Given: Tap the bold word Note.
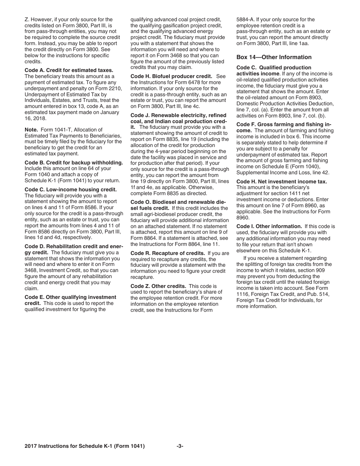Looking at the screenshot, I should pos(31,130).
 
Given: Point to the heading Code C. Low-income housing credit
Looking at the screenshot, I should pos(70,189).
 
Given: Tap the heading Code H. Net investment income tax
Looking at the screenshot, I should pos(282,181).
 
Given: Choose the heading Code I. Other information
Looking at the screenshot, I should pos(269,226).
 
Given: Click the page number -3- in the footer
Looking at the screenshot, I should pos(180,446).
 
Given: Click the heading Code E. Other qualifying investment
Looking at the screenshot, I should pos(70,297).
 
